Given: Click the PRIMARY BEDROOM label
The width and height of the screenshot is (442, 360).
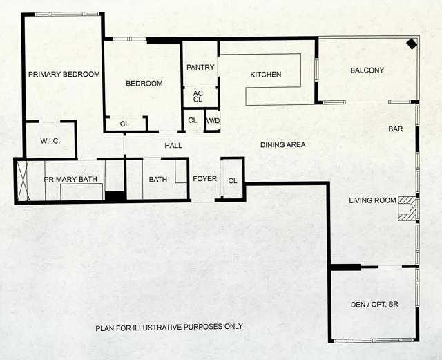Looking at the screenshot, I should (64, 75).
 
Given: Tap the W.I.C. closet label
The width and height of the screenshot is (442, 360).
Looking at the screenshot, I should (50, 141).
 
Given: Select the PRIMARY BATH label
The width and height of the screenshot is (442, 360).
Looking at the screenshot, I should (71, 180).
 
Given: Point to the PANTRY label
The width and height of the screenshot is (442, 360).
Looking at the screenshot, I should (200, 68).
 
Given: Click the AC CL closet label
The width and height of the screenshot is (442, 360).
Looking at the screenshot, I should (198, 96).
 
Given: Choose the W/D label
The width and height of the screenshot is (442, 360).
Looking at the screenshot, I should (212, 120).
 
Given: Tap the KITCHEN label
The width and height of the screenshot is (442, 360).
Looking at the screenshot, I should (266, 75).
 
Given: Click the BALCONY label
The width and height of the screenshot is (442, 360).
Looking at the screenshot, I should (367, 70).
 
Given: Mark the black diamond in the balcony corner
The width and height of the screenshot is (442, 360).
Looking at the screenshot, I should (411, 44).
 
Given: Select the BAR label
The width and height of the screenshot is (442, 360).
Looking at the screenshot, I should (396, 129).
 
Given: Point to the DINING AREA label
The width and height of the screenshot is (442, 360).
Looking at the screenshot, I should (282, 145).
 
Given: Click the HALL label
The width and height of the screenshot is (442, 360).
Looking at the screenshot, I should (173, 146).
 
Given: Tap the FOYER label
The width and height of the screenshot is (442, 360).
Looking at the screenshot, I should (204, 180).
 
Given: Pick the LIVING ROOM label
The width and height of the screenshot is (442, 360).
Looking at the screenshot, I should (372, 201).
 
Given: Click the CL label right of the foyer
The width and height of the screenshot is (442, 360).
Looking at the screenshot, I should (233, 181).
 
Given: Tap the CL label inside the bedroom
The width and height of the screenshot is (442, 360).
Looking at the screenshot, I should (124, 124).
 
